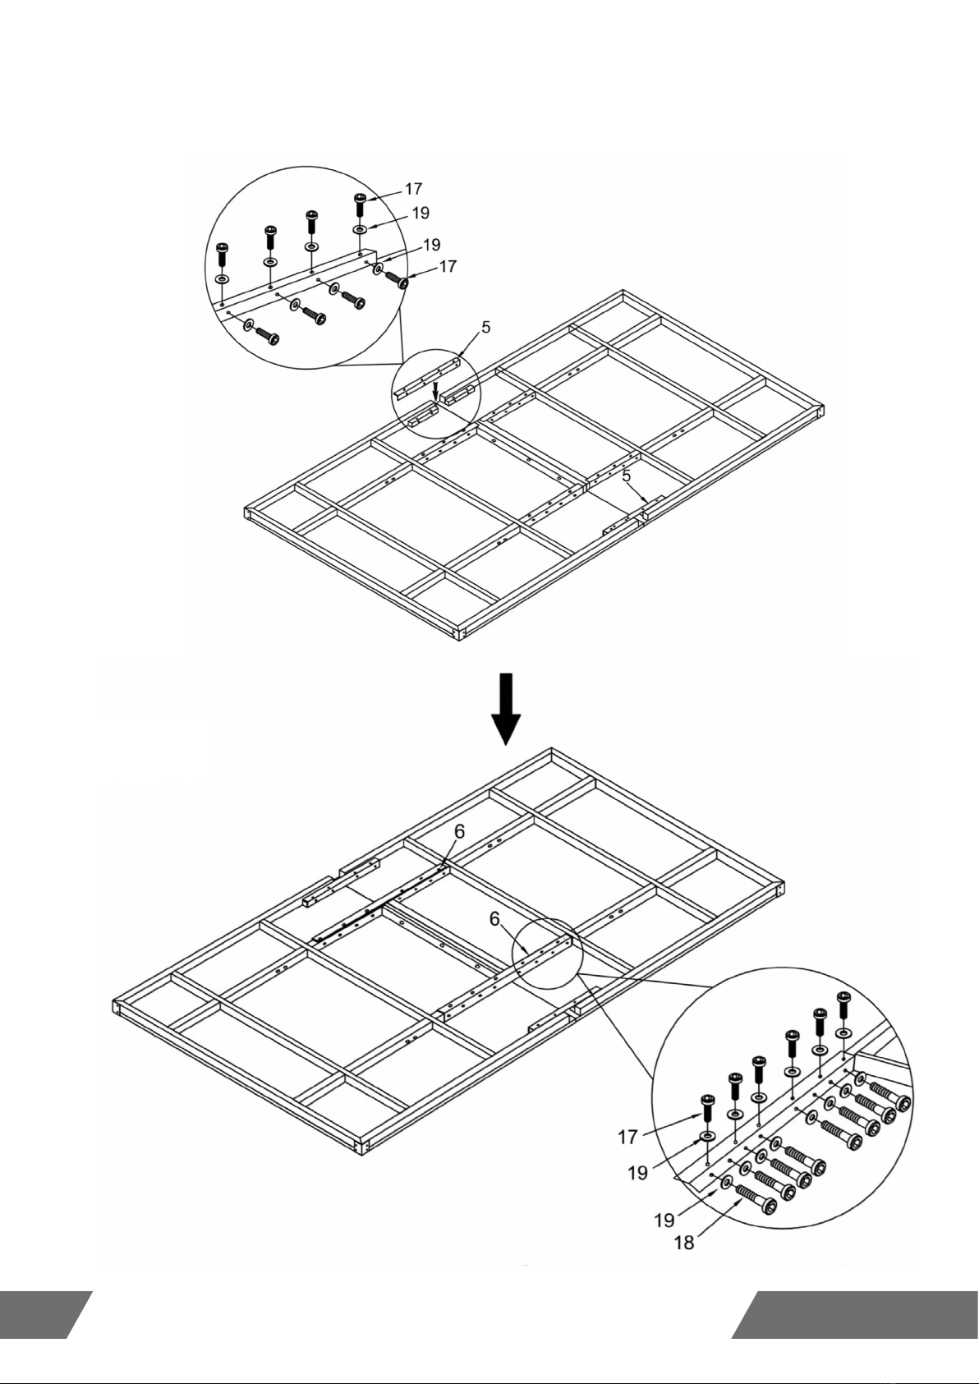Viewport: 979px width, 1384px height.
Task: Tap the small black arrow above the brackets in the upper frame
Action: pyautogui.click(x=436, y=387)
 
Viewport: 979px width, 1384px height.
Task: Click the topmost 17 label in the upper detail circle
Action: pyautogui.click(x=414, y=190)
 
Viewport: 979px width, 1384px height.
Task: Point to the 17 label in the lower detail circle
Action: pyautogui.click(x=628, y=1137)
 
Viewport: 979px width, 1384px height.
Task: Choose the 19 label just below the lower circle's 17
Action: pyautogui.click(x=638, y=1173)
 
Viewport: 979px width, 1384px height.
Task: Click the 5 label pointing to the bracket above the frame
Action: pyautogui.click(x=486, y=328)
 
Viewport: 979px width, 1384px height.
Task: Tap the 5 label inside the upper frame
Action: pyautogui.click(x=626, y=476)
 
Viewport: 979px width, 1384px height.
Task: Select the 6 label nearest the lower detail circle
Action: pyautogui.click(x=495, y=920)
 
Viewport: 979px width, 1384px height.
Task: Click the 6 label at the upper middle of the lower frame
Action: pyautogui.click(x=460, y=831)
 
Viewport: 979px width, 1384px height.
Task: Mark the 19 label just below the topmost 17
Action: pyautogui.click(x=420, y=213)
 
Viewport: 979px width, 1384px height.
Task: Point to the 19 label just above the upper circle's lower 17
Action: pyautogui.click(x=432, y=245)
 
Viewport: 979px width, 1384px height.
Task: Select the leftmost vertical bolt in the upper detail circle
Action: pyautogui.click(x=222, y=255)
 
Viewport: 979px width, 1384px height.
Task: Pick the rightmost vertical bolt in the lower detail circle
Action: pyautogui.click(x=843, y=1005)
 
